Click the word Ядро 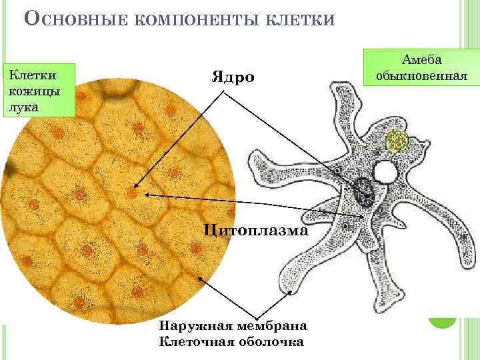(x=233, y=77)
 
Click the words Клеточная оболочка (x=231, y=342)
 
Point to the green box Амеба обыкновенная (x=421, y=67)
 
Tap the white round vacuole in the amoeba (x=385, y=172)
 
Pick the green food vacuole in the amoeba (x=397, y=141)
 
